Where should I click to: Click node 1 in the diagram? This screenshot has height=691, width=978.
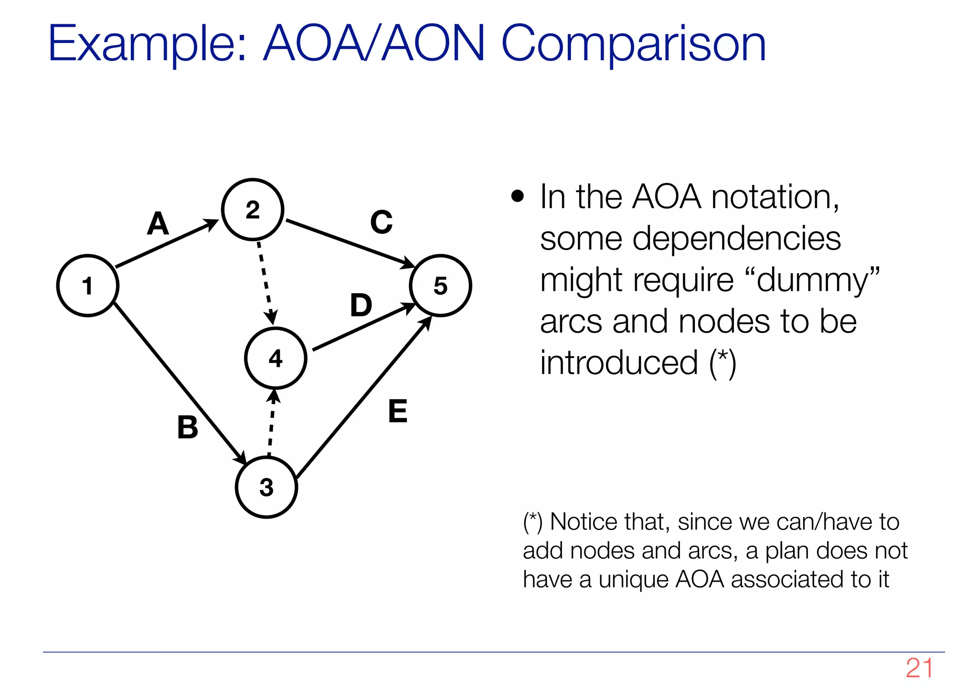(x=88, y=286)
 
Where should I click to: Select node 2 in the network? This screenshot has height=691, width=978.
(x=253, y=210)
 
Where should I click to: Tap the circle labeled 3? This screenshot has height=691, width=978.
(x=266, y=487)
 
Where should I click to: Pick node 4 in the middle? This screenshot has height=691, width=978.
(x=276, y=358)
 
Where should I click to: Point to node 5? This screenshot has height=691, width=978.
(x=440, y=286)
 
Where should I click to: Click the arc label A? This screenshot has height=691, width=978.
(x=158, y=223)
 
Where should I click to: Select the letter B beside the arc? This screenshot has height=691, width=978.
(x=188, y=427)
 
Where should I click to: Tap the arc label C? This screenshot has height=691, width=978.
(x=381, y=222)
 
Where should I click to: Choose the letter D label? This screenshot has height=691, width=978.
(x=361, y=306)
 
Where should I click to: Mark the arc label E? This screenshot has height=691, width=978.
(x=398, y=411)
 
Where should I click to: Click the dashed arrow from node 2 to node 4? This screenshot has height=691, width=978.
(x=266, y=282)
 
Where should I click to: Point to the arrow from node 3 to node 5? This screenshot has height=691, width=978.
(x=363, y=399)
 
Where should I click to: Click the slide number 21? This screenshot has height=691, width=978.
(x=919, y=669)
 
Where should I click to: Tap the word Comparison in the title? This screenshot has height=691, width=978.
(x=633, y=44)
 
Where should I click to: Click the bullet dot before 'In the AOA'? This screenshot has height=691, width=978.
(x=517, y=196)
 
